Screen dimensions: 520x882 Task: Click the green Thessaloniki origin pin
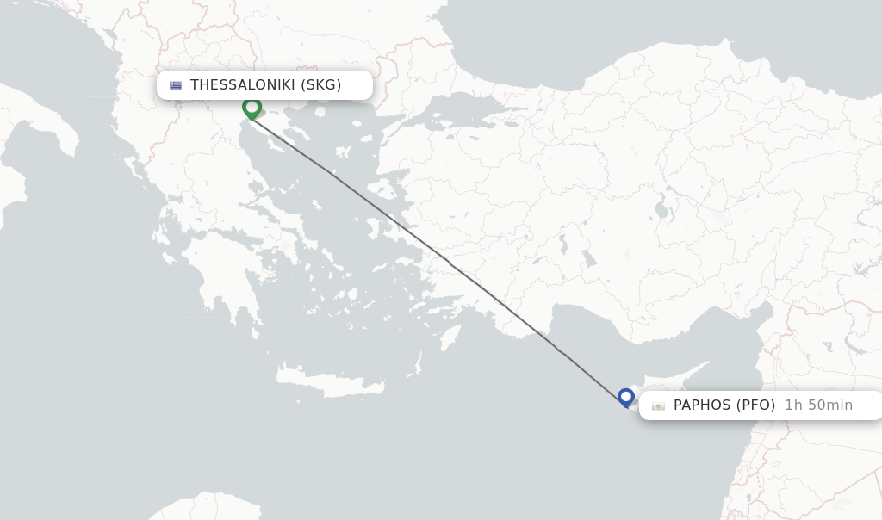pos(252,108)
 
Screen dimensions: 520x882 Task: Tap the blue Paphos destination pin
pos(626,397)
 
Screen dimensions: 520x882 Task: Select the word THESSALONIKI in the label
pos(243,84)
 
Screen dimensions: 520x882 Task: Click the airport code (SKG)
pos(321,84)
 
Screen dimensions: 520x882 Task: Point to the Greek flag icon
pos(176,85)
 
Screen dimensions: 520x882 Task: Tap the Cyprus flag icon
pos(658,405)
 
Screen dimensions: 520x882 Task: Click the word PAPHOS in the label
pos(702,405)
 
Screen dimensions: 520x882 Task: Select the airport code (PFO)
pos(755,405)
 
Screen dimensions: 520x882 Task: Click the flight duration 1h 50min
pos(818,405)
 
